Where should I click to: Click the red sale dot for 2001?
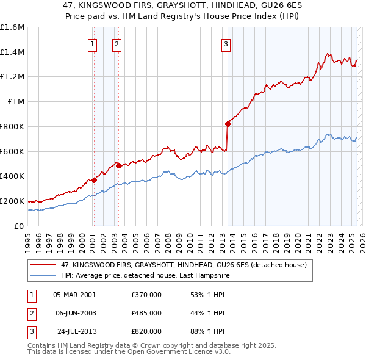point(94,179)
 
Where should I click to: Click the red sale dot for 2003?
point(118,165)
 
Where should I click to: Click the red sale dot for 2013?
point(228,124)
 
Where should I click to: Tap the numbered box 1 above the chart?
point(92,43)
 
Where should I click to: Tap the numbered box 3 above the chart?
point(226,43)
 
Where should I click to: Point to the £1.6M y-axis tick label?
point(12,27)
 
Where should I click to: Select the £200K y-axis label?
point(12,201)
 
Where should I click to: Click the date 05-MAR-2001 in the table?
point(74,295)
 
